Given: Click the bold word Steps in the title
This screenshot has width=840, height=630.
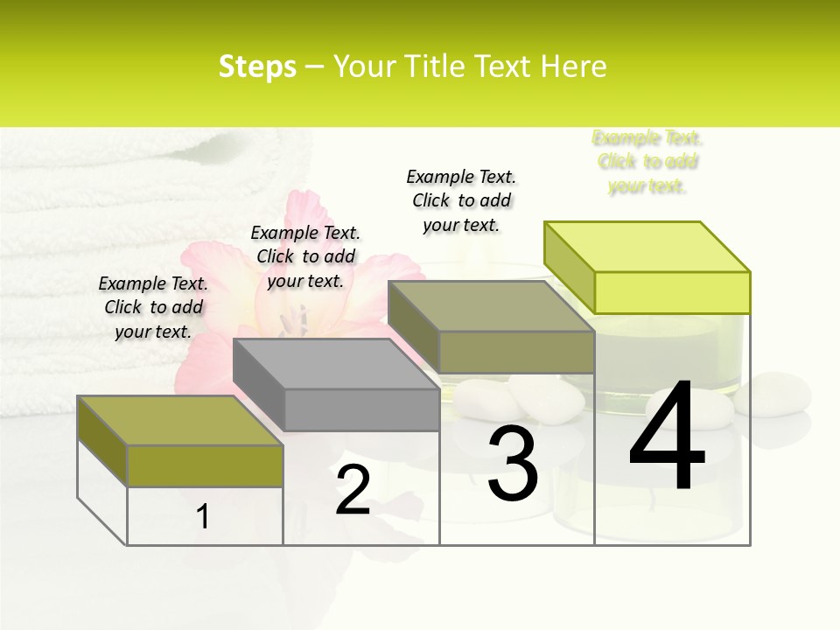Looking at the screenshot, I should pos(257,66).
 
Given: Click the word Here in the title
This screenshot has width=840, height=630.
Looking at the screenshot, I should pos(574,66).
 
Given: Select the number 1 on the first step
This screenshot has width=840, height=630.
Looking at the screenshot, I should pos(203,516).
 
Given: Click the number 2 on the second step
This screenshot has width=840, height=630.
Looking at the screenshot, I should pos(353,490).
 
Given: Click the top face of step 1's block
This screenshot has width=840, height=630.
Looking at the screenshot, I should pos(179,420).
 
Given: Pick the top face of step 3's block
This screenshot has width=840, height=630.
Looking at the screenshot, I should pos(490,306).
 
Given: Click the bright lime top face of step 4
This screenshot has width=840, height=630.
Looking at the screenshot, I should pos(647,246).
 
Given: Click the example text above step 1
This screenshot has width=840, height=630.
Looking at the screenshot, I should pos(153,307).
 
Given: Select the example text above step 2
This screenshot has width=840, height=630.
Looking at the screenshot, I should pos(305,256).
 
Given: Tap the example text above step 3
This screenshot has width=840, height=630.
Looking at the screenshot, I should pos(461,200).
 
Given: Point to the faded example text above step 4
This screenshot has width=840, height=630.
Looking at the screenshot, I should pos(647,162).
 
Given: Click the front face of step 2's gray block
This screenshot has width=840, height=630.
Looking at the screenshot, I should pos(361,409).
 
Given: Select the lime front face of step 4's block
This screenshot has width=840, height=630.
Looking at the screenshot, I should pos(672,292).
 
